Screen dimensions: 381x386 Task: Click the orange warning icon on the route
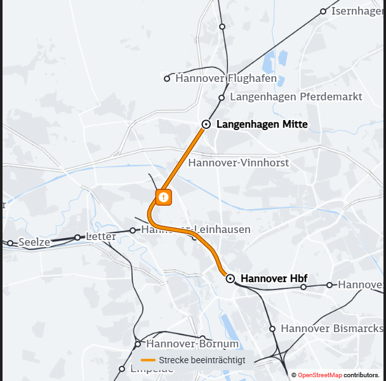pos(164,197)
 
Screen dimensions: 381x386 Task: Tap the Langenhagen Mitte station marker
pos(206,124)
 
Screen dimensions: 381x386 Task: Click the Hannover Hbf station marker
pos(230,278)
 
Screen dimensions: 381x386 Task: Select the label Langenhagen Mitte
pos(262,124)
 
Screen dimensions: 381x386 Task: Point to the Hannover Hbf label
pos(274,278)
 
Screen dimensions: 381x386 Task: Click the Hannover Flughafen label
pos(226,79)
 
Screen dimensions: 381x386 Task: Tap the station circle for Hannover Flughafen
pos(168,79)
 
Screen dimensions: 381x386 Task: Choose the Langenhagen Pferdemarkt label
pos(296,97)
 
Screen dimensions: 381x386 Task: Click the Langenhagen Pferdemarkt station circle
pos(222,98)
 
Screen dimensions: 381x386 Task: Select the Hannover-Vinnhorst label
pos(239,163)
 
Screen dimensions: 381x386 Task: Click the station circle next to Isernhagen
pos(323,11)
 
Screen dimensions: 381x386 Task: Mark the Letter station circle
pos(77,237)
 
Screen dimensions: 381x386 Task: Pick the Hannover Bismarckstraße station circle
pos(272,329)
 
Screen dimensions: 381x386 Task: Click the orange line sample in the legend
pos(149,360)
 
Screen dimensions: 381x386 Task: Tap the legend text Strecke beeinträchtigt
pos(202,360)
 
